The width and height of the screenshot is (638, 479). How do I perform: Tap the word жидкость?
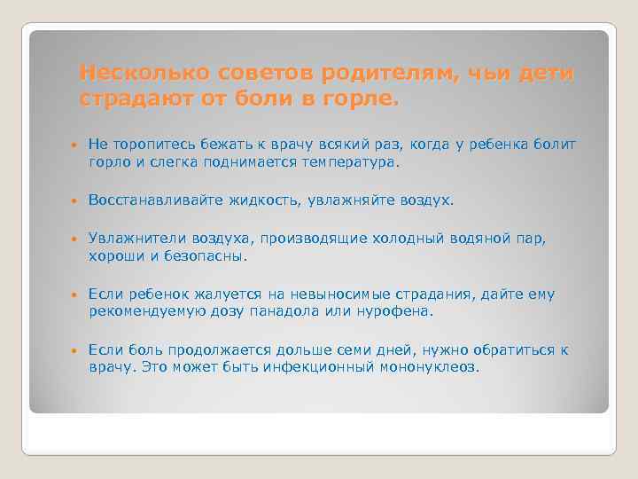coord(256,200)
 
